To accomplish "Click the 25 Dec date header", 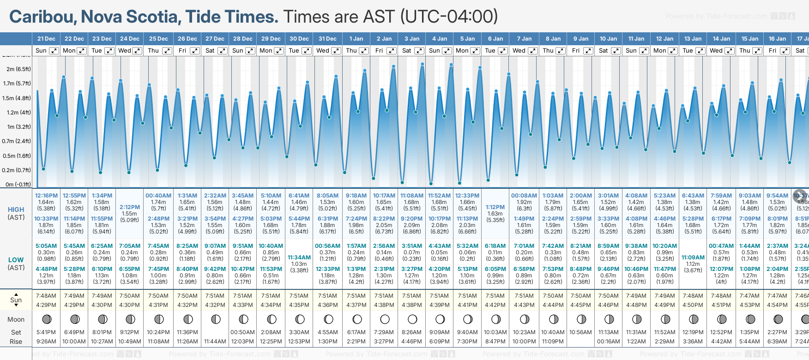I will pyautogui.click(x=158, y=39).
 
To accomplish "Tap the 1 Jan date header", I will pyautogui.click(x=356, y=39).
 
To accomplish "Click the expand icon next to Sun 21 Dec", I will pyautogui.click(x=54, y=51).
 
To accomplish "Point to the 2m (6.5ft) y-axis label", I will pyautogui.click(x=18, y=69).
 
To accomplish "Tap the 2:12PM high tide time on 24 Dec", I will pyautogui.click(x=129, y=207).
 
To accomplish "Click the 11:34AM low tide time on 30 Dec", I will pyautogui.click(x=299, y=258).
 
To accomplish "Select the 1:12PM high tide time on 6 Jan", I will pyautogui.click(x=495, y=207).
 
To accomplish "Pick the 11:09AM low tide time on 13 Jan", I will pyautogui.click(x=693, y=258).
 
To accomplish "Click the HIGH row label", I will pyautogui.click(x=16, y=210).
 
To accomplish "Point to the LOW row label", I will pyautogui.click(x=16, y=260).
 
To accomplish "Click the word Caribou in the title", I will pyautogui.click(x=42, y=17).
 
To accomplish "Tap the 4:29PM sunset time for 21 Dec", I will pyautogui.click(x=46, y=305).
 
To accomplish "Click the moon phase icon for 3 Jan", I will pyautogui.click(x=412, y=319).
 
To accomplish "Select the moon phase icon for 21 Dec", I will pyautogui.click(x=47, y=319).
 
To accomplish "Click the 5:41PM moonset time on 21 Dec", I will pyautogui.click(x=46, y=332).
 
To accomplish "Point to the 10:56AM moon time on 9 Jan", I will pyautogui.click(x=580, y=332).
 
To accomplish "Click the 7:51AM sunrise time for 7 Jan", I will pyautogui.click(x=524, y=296).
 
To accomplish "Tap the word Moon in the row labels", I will pyautogui.click(x=16, y=319).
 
